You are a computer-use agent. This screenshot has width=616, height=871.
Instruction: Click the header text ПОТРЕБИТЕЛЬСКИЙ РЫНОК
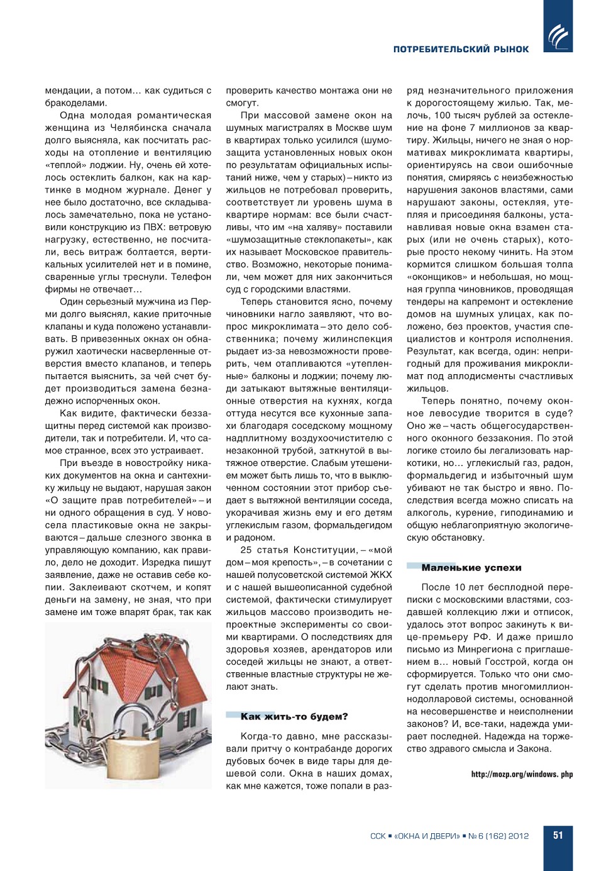[461, 49]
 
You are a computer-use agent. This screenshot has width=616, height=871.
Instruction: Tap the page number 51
[558, 835]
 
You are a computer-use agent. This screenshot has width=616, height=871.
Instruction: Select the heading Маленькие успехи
[471, 568]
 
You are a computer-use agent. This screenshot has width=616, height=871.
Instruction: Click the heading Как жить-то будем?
[294, 717]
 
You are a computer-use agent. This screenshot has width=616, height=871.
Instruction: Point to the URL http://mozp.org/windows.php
[522, 774]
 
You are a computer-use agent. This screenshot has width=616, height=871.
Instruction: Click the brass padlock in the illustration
[134, 758]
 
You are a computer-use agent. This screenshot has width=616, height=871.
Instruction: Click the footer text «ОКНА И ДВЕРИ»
[427, 836]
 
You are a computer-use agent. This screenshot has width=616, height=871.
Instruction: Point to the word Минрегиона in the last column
[488, 649]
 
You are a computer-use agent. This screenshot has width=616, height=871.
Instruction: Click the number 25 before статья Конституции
[246, 550]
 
